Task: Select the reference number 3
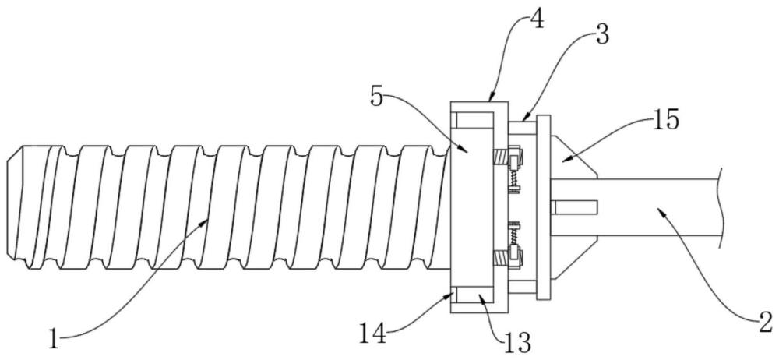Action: tap(602, 35)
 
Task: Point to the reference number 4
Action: tap(537, 19)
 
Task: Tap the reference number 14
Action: tap(373, 334)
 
